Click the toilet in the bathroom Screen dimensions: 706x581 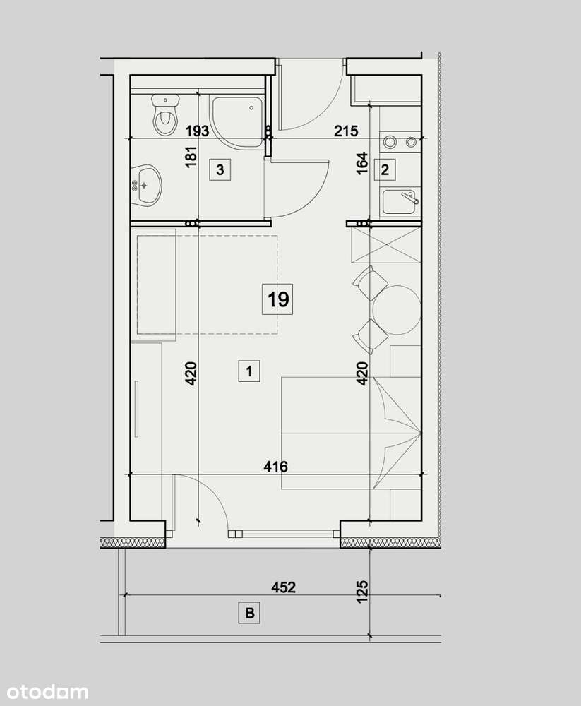tap(164, 117)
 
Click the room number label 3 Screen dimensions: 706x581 tap(220, 169)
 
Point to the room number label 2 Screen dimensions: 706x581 tap(385, 169)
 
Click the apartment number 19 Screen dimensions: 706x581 tap(278, 299)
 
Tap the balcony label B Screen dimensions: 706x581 tap(248, 614)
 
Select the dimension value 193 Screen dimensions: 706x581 tap(197, 131)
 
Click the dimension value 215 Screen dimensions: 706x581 tap(347, 131)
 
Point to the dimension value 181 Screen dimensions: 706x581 tap(189, 157)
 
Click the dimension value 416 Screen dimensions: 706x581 tap(275, 466)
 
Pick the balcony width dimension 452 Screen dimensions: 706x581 tap(283, 587)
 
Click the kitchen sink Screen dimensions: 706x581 tap(400, 202)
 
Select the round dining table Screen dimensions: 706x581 tap(397, 309)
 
